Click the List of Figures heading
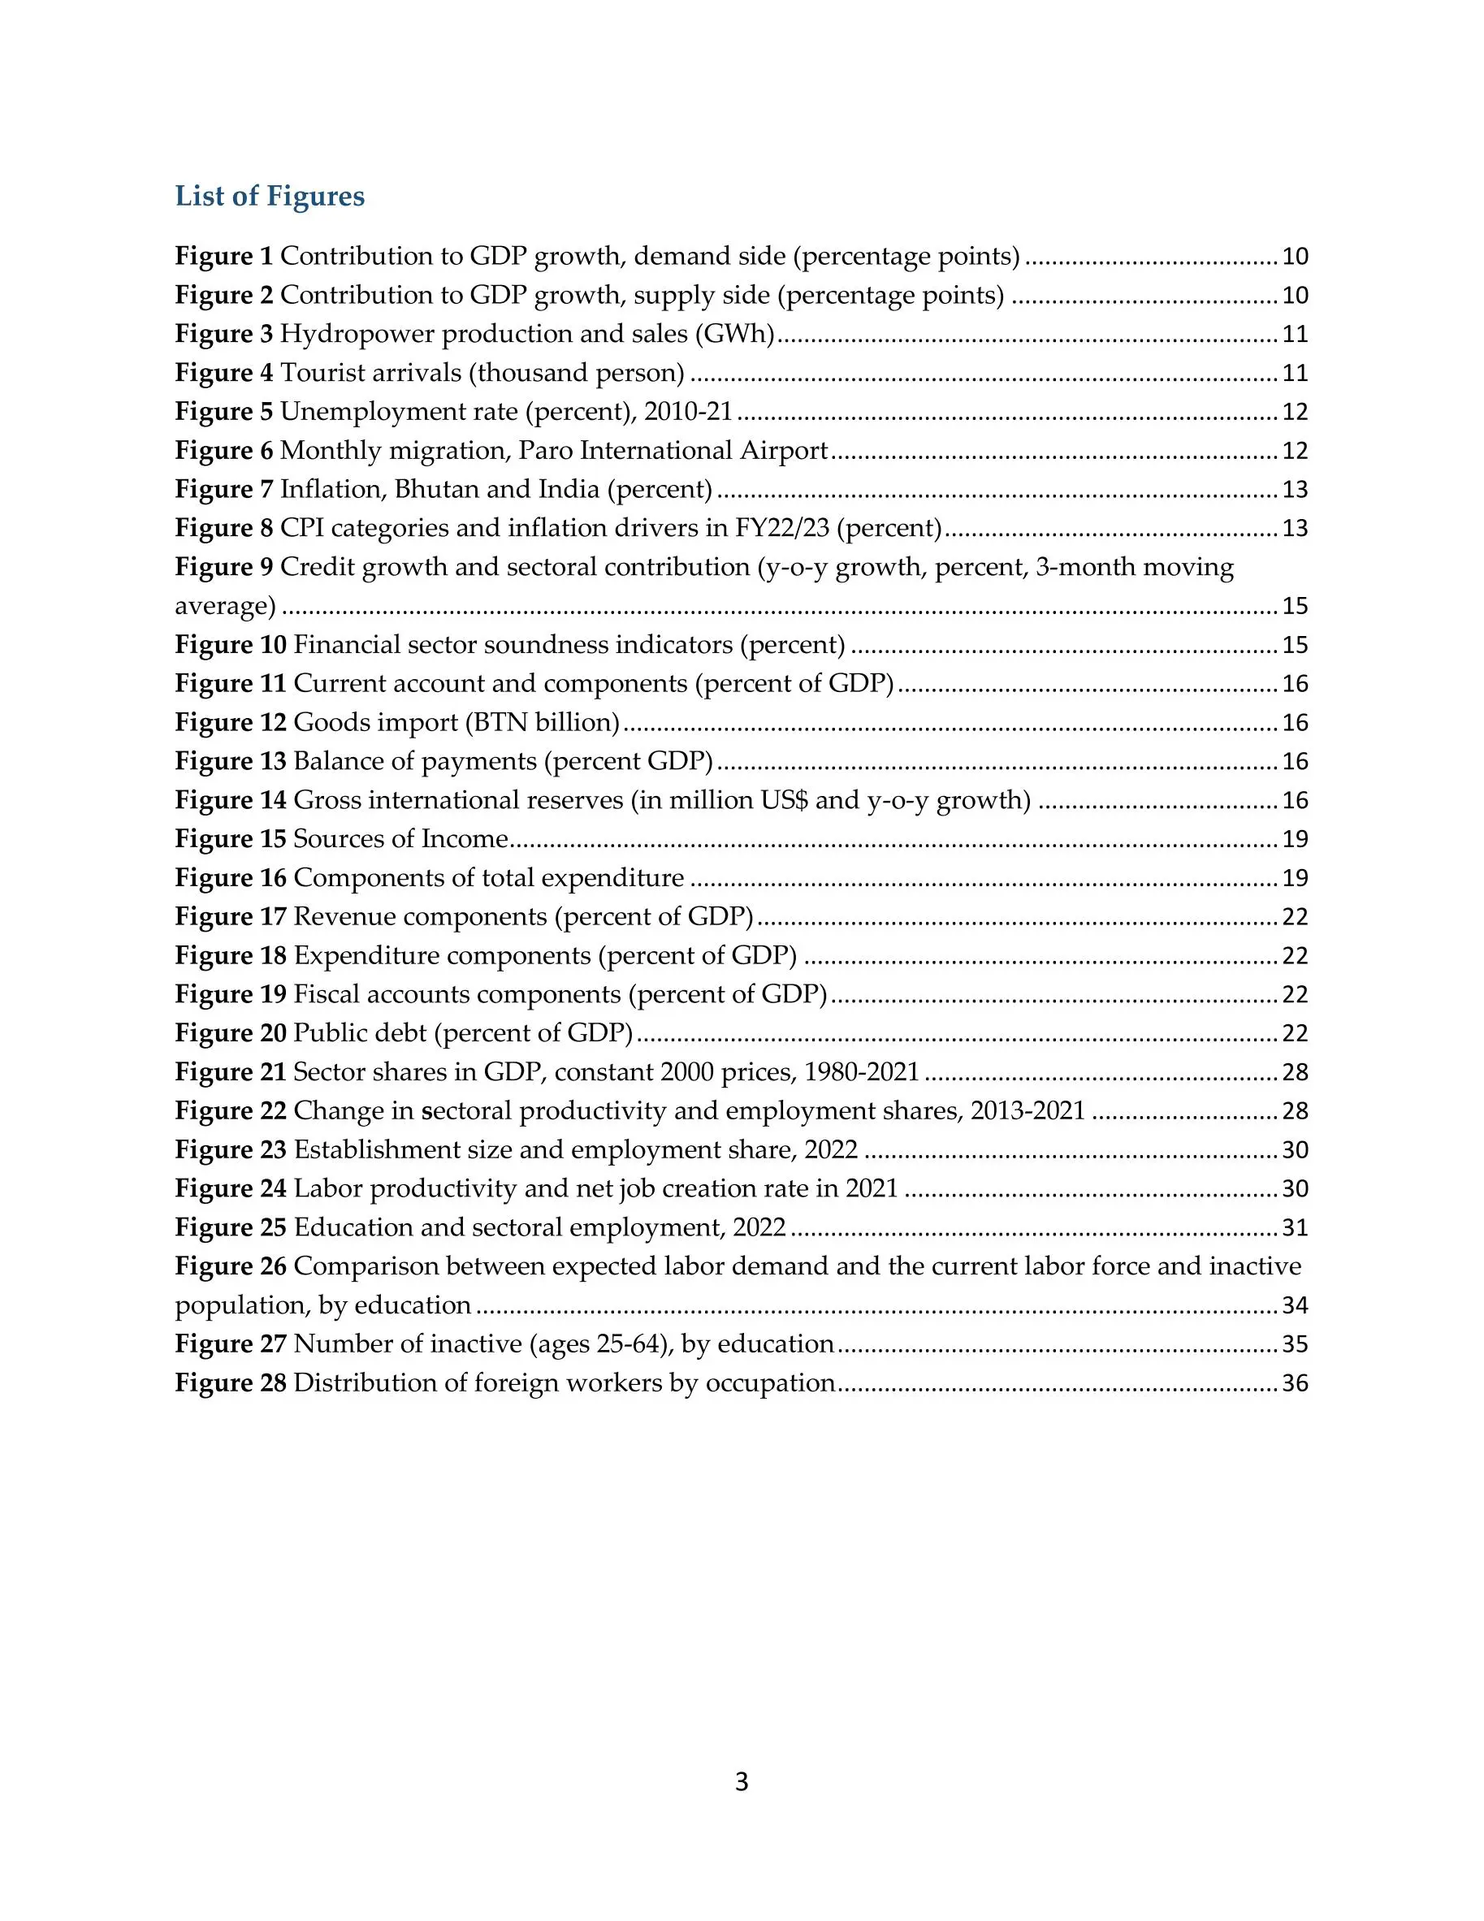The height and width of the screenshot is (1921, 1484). point(269,196)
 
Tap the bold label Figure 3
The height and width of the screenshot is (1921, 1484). point(223,334)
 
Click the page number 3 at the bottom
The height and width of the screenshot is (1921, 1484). point(742,1782)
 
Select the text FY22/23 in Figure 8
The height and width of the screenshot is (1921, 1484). point(782,528)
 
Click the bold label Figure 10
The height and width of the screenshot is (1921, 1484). point(231,645)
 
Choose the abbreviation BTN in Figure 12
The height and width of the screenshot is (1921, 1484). point(500,722)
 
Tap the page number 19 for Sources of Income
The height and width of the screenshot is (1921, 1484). point(1295,839)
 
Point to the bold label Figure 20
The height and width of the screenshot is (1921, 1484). point(231,1033)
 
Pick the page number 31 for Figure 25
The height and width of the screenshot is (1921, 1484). point(1295,1228)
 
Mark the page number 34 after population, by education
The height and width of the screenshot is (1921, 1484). point(1295,1305)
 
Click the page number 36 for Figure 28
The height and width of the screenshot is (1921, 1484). point(1295,1383)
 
